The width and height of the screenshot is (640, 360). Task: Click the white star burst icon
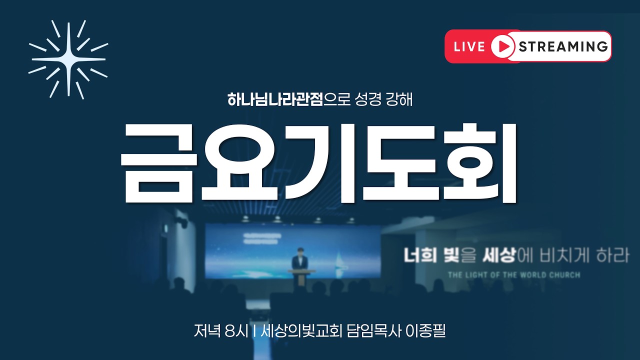point(68,59)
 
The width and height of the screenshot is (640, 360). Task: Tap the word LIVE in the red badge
point(469,46)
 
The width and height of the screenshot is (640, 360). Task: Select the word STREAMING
point(563,46)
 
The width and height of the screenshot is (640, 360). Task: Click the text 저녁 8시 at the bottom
point(220,331)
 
